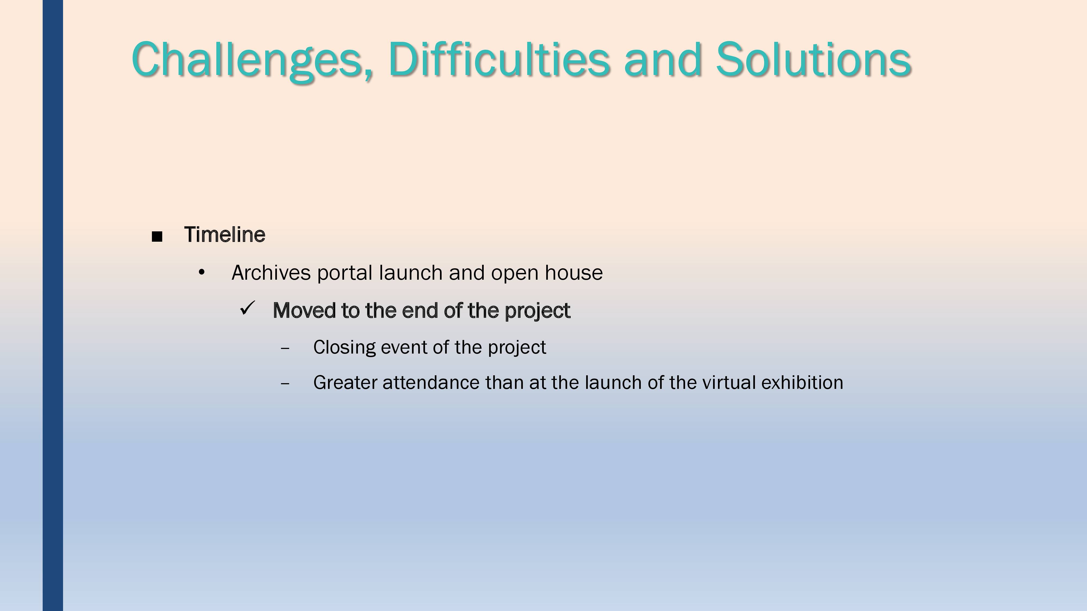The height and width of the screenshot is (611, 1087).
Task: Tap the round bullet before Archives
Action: (x=202, y=272)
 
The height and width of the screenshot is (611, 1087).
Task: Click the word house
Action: (x=574, y=273)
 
